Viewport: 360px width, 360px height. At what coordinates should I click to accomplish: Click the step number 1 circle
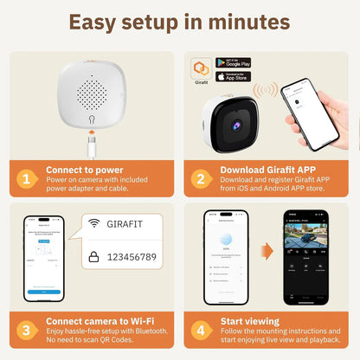27,179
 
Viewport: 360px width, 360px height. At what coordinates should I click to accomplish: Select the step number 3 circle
27,330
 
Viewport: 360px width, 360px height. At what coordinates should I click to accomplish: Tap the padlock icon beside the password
94,257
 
